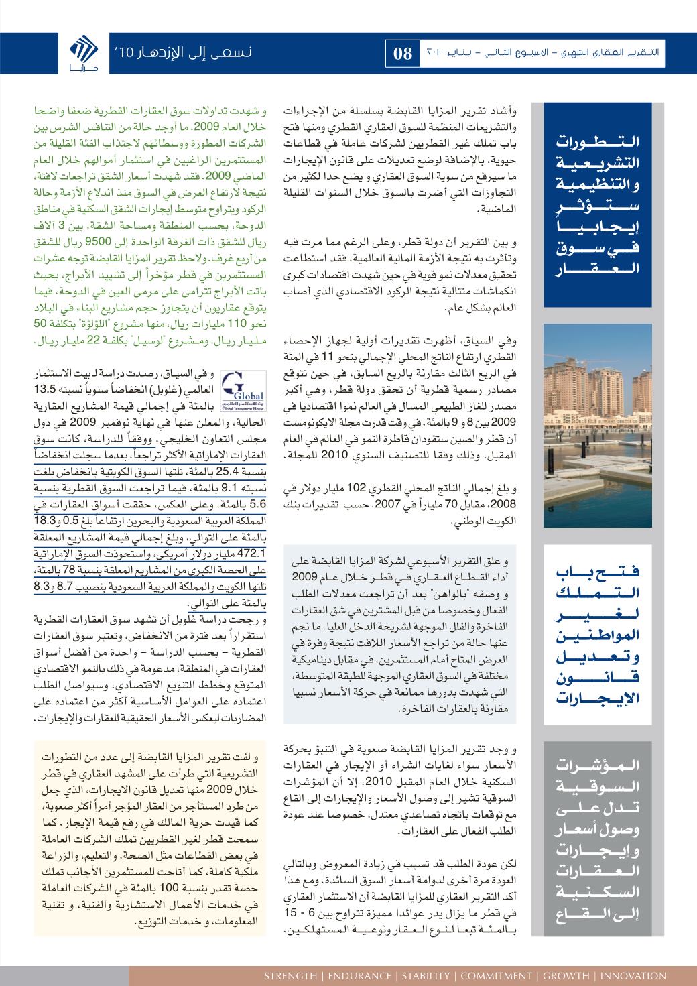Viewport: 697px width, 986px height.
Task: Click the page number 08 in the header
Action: (x=403, y=54)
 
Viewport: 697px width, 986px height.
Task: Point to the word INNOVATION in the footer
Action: (x=633, y=975)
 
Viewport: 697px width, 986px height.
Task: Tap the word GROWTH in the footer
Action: (x=566, y=975)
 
